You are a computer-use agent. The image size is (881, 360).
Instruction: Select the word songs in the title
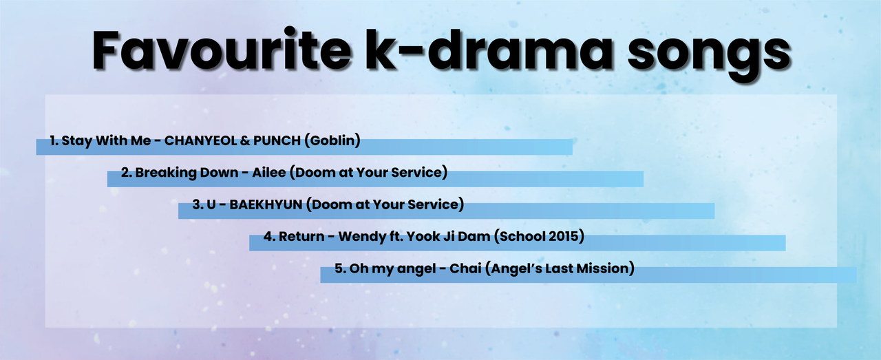(709, 55)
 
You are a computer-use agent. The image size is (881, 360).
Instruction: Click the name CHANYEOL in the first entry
(200, 140)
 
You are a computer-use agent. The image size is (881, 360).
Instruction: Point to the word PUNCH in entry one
(277, 140)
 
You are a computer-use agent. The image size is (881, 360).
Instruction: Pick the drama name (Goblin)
(332, 140)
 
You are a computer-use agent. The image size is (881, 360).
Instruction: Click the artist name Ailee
(269, 172)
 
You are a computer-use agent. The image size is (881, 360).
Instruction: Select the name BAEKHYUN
(266, 204)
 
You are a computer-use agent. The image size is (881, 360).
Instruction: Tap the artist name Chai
(465, 268)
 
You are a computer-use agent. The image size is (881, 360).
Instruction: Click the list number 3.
(196, 204)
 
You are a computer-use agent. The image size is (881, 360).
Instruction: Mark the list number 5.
(339, 268)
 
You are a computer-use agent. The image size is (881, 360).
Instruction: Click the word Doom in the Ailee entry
(312, 172)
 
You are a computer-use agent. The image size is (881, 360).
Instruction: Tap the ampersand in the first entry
(245, 141)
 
